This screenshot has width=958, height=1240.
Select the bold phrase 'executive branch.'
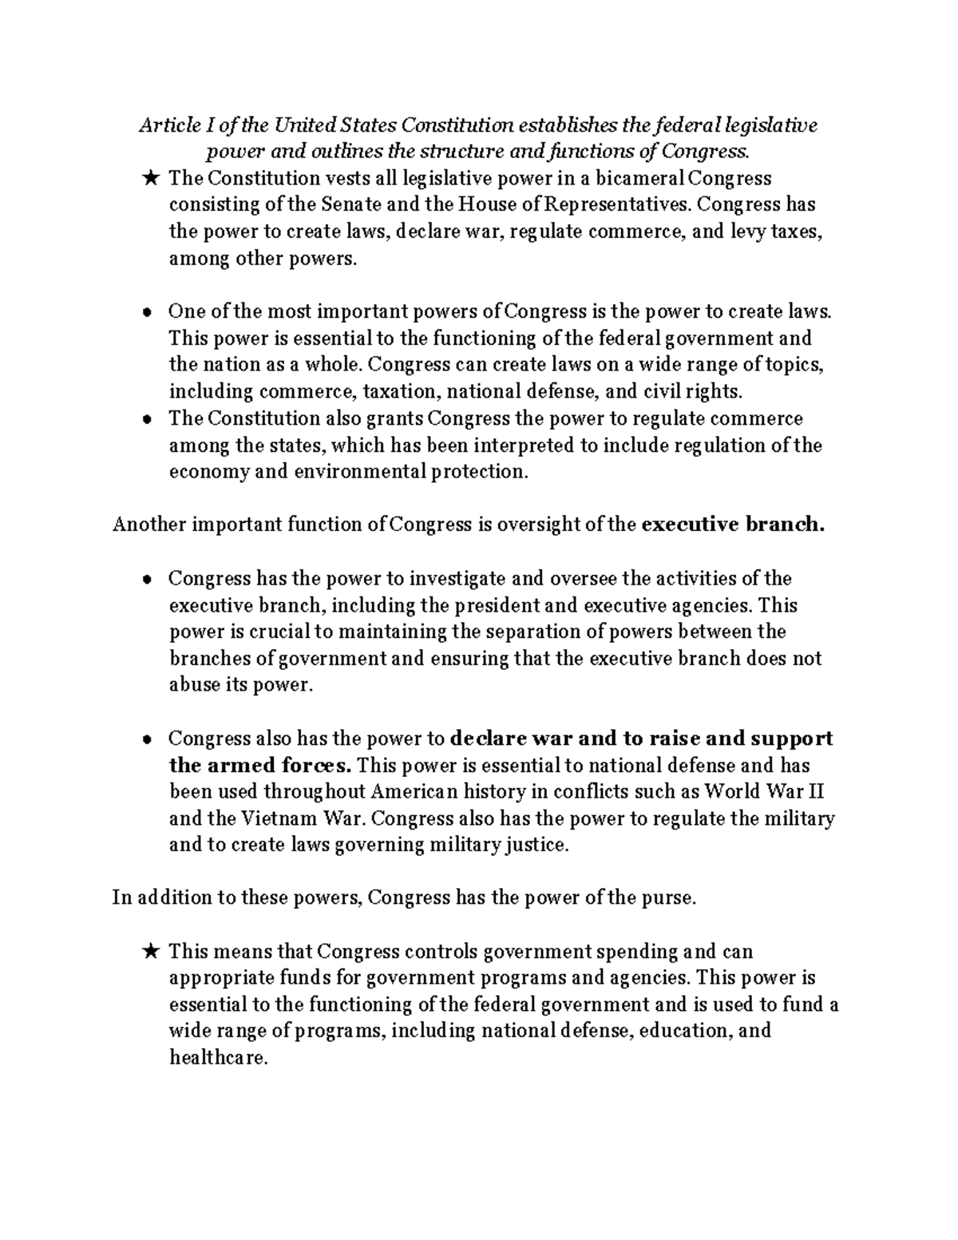pos(733,525)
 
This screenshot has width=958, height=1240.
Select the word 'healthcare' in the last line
pos(216,1059)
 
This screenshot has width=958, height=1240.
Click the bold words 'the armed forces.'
pos(260,766)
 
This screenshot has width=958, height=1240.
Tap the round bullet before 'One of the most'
pos(147,312)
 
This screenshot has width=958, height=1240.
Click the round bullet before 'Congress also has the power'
pos(147,740)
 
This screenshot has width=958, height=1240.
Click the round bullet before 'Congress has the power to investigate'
pos(147,580)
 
